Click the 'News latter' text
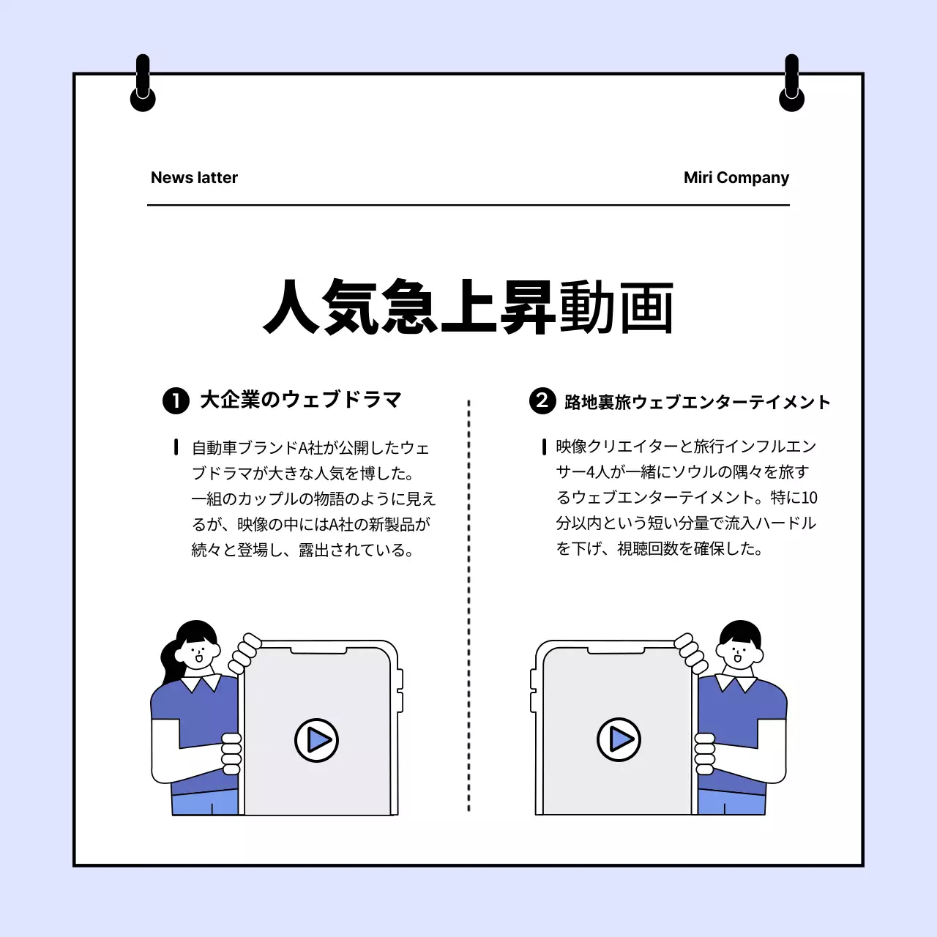click(194, 178)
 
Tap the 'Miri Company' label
click(736, 178)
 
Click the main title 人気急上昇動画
click(468, 307)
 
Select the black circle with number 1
click(176, 400)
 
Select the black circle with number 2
click(542, 400)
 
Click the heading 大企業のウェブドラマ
click(301, 400)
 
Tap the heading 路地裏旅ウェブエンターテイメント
click(698, 402)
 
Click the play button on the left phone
click(316, 740)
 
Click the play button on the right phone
click(619, 739)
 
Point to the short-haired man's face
click(738, 652)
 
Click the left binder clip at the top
click(143, 84)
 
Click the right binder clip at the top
click(791, 84)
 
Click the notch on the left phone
click(318, 650)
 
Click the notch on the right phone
click(616, 650)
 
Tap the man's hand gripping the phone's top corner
click(690, 653)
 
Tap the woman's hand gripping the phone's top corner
click(244, 653)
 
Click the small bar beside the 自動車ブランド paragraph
click(176, 447)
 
